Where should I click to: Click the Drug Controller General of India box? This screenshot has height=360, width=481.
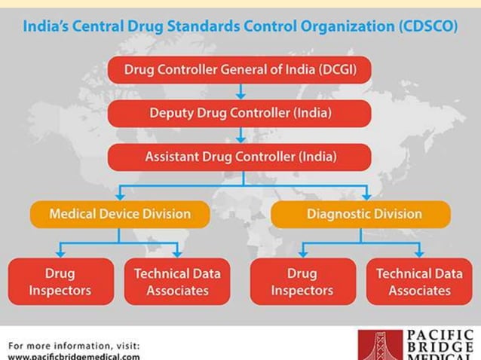[x=240, y=70]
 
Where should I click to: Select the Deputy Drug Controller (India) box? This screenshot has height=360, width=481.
[x=240, y=114]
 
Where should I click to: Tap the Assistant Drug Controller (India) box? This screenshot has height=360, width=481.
[x=240, y=157]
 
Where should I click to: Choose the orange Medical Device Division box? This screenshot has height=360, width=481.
[x=120, y=214]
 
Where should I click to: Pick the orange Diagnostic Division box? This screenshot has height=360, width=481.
[x=361, y=214]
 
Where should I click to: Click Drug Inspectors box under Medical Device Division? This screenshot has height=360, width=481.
[x=60, y=281]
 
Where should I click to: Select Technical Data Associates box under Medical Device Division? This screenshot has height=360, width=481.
[x=178, y=281]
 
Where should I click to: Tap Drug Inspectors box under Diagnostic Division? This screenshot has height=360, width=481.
[x=302, y=281]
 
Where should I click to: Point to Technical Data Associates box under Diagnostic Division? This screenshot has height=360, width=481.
[x=419, y=281]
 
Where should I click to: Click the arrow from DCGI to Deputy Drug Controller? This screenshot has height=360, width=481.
[x=240, y=92]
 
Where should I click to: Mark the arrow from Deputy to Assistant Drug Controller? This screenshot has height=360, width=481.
[x=240, y=136]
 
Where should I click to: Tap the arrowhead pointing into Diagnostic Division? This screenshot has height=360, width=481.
[x=366, y=194]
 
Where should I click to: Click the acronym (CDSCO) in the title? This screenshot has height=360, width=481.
[x=426, y=26]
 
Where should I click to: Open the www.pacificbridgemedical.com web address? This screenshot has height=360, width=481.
[x=73, y=355]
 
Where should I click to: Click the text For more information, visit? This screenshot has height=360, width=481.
[x=73, y=346]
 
